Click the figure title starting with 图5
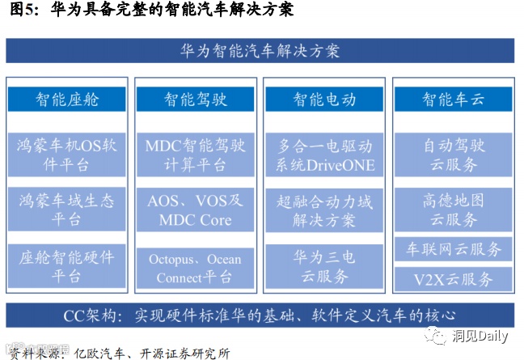coord(150,11)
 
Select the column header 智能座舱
coord(67,100)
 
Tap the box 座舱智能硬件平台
coord(67,266)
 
